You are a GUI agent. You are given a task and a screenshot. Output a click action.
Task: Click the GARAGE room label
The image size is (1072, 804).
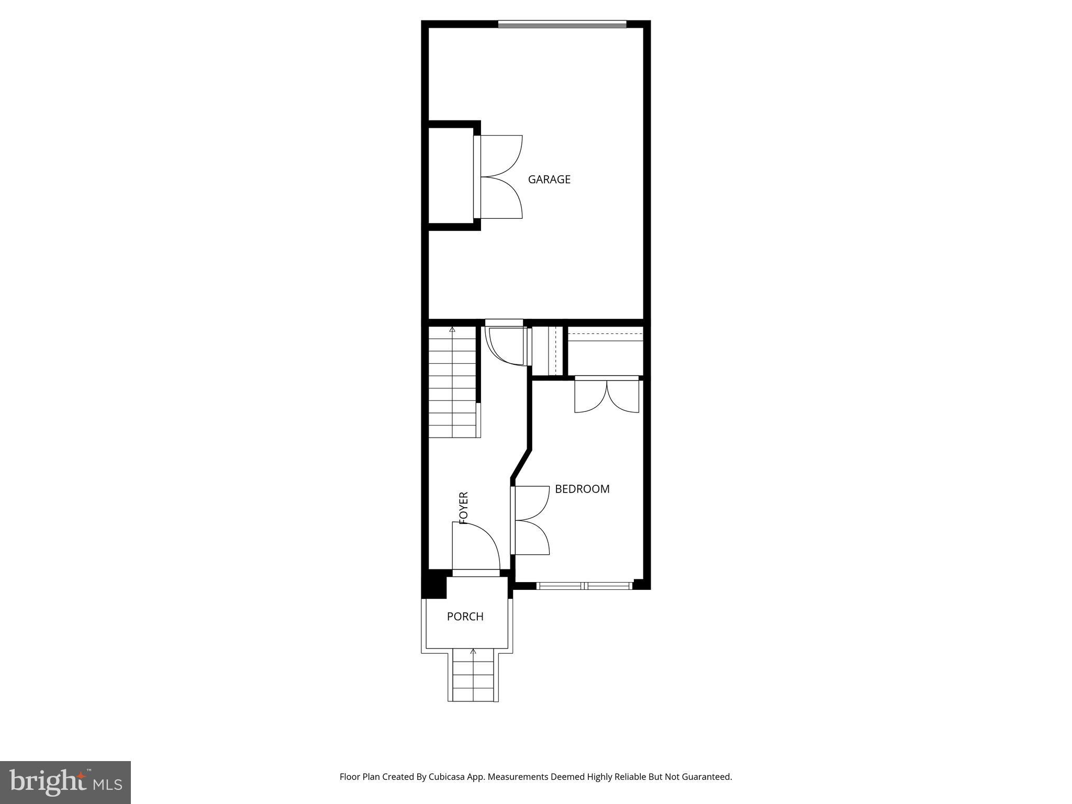[x=549, y=180]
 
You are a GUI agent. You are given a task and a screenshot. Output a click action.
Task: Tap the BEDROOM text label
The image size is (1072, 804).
[x=582, y=489]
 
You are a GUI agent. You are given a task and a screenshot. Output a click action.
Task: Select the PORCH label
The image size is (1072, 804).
[x=465, y=617]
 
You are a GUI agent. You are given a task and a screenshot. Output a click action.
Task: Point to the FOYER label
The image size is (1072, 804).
[x=463, y=508]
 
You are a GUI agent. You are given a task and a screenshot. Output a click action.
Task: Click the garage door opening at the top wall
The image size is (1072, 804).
[x=562, y=24]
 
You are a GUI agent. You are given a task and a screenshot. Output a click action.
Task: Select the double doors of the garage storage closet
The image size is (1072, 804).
[x=500, y=177]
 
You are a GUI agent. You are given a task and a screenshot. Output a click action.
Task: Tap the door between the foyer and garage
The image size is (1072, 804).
[x=505, y=343]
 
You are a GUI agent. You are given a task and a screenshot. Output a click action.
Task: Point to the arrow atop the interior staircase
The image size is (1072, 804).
[x=452, y=329]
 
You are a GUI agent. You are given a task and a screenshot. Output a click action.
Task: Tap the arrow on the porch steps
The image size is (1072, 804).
[x=473, y=652]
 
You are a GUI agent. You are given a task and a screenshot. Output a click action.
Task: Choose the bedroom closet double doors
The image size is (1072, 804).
[x=607, y=395]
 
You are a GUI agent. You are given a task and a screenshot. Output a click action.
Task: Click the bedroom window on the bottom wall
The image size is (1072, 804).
[x=585, y=586]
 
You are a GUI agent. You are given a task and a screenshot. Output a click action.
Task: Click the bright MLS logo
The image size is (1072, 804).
[x=65, y=782]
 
